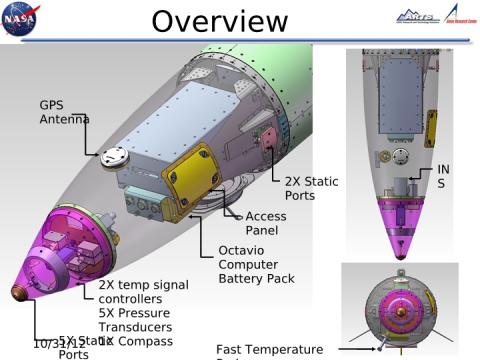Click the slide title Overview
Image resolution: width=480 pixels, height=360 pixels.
tap(219, 21)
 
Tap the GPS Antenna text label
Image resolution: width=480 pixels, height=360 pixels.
tap(64, 112)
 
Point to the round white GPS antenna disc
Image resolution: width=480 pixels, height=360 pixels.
tap(113, 155)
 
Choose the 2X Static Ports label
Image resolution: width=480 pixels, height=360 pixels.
tap(311, 188)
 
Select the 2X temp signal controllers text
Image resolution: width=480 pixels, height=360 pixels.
tap(143, 292)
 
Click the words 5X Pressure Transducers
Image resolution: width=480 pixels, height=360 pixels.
tap(135, 320)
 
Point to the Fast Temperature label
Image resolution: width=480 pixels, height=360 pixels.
tap(269, 349)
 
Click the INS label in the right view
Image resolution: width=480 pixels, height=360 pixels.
tap(443, 177)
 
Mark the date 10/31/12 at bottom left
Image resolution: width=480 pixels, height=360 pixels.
tap(58, 343)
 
